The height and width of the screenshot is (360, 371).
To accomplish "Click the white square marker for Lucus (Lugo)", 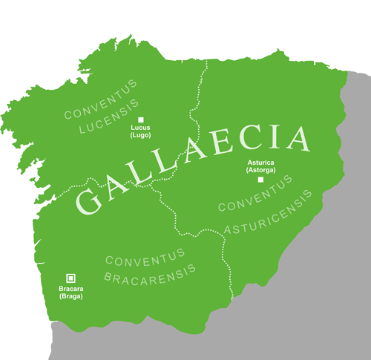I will [140, 120].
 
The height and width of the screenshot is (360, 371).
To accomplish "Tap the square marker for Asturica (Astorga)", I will [260, 180].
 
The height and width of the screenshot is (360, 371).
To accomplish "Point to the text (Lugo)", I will [141, 136].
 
